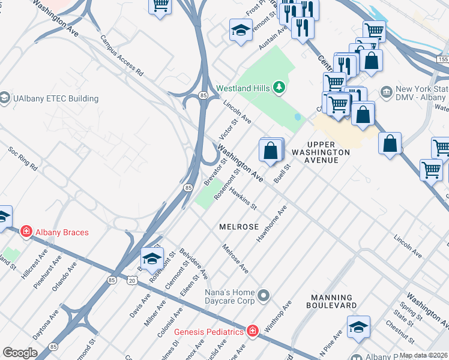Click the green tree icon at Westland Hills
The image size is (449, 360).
point(279,88)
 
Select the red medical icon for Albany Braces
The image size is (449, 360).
point(26,232)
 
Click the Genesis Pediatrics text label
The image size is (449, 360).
point(209,332)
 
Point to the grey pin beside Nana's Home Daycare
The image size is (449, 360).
point(264,295)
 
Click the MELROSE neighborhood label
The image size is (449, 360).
point(239,227)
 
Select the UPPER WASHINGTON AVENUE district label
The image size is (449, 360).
point(328,148)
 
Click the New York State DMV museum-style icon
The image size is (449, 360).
point(387,93)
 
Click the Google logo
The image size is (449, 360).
point(20,352)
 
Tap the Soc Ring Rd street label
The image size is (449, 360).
point(22,159)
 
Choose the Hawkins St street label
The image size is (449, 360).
point(243,197)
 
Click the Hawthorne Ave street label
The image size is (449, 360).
point(272,223)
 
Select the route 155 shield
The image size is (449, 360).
point(442,60)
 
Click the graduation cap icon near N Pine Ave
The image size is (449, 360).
point(358,327)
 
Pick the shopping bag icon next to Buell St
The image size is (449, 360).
point(271,149)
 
